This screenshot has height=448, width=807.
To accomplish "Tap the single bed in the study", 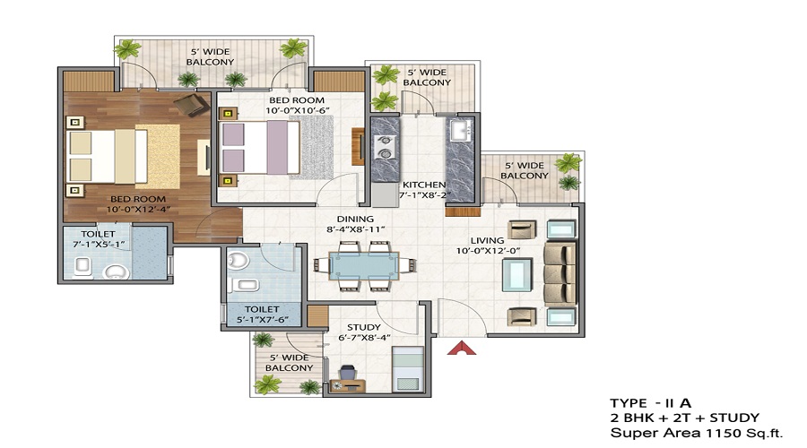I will tap(406, 367).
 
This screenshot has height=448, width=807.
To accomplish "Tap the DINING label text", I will tap(356, 219).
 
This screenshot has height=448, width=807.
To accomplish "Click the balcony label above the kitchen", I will tap(427, 77).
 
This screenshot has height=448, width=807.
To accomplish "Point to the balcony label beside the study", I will tap(286, 362).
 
